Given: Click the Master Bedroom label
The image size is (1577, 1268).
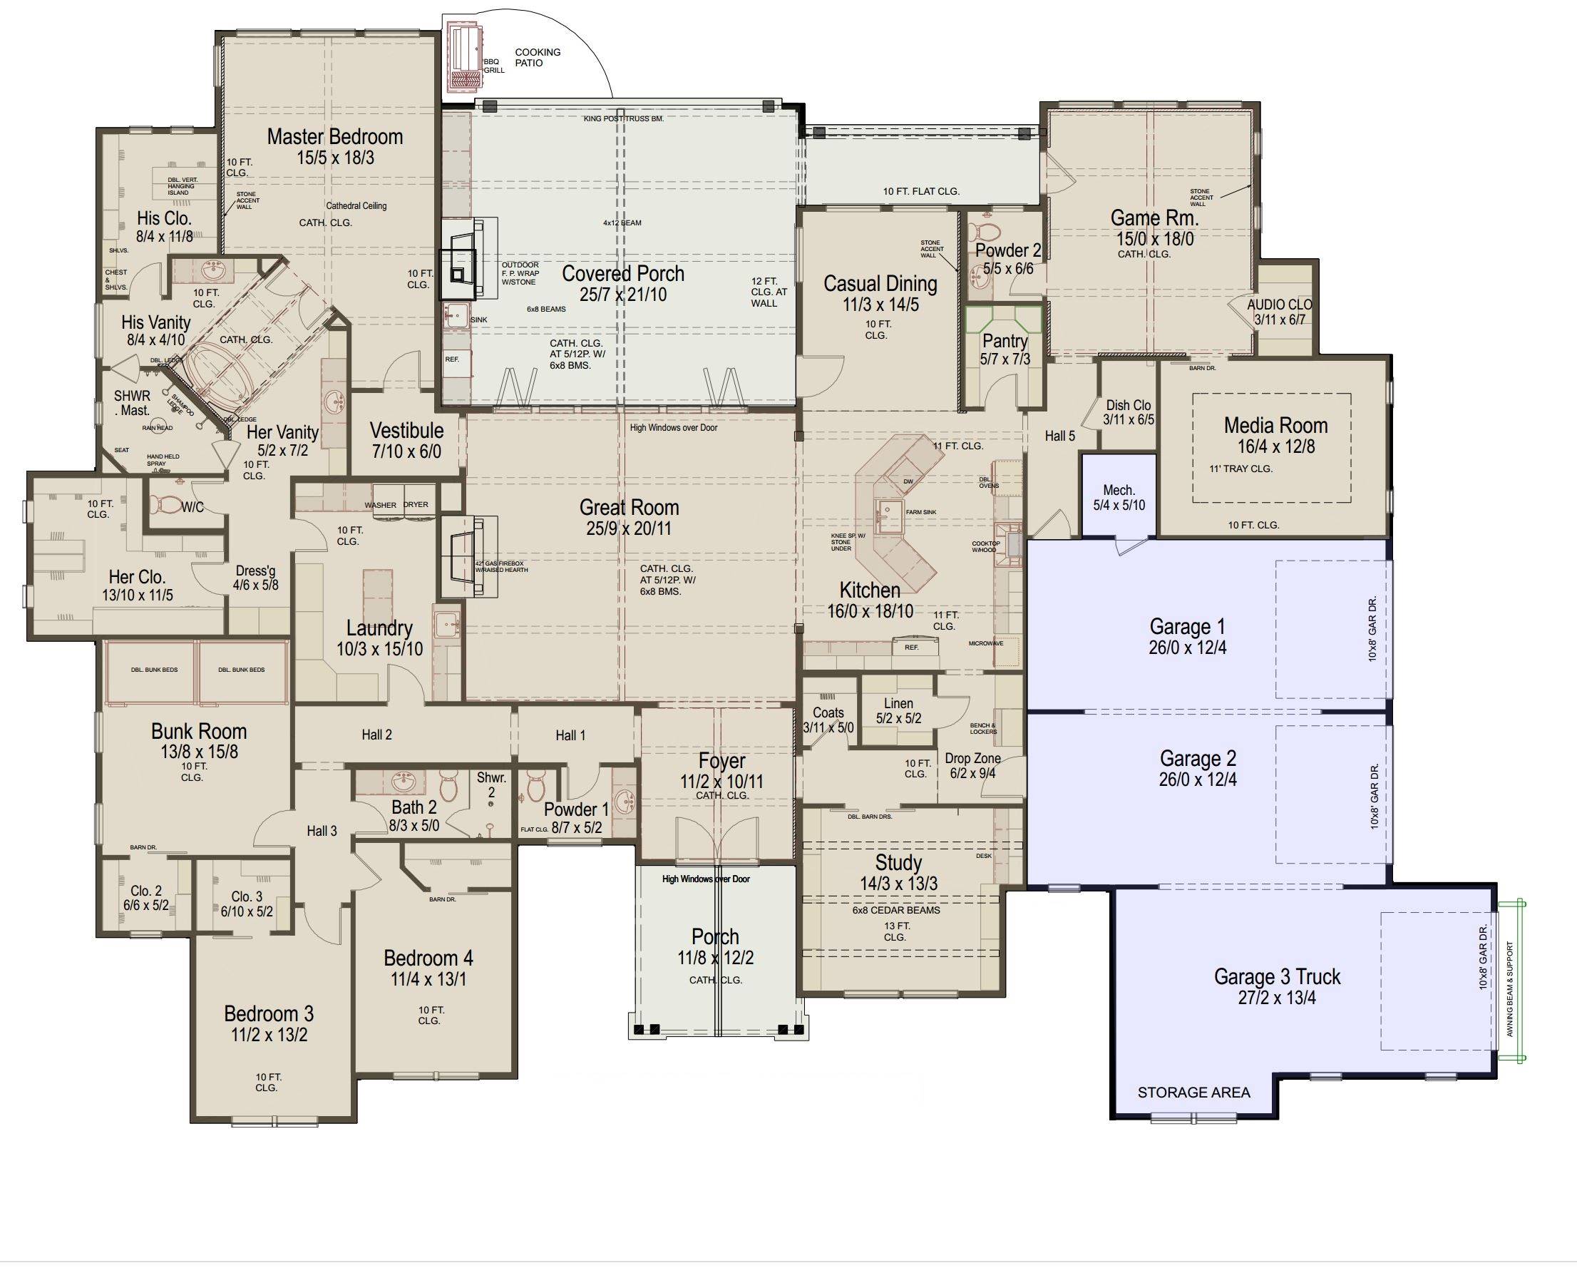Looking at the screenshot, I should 334,137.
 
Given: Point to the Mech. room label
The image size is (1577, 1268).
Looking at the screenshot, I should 1119,490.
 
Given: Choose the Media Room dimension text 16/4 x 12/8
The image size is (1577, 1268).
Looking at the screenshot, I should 1275,446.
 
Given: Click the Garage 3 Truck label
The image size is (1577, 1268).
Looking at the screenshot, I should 1277,977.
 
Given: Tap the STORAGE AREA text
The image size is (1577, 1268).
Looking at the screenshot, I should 1193,1093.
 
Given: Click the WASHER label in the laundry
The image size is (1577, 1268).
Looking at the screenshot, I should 381,505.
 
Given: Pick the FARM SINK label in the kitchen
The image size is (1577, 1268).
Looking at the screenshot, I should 921,512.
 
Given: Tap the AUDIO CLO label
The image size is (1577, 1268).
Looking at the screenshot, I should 1279,305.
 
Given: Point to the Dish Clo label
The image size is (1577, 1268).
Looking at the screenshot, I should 1128,405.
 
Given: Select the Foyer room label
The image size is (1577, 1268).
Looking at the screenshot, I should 721,761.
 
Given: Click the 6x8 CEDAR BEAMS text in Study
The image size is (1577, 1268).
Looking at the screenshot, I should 896,910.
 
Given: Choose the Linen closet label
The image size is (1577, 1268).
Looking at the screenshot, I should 898,703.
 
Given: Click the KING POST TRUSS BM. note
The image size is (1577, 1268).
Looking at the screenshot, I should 623,118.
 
